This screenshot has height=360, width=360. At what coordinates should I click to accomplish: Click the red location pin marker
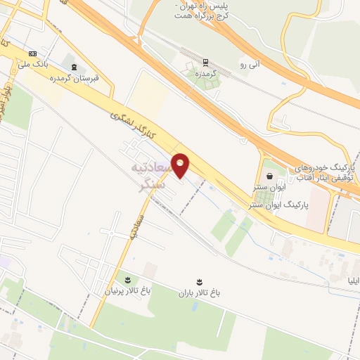coord(181,165)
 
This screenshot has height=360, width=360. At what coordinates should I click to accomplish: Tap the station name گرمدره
coord(207,73)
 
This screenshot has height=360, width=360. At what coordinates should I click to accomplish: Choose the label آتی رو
coord(250,65)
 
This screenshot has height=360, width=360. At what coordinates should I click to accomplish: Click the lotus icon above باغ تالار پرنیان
coord(127,278)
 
